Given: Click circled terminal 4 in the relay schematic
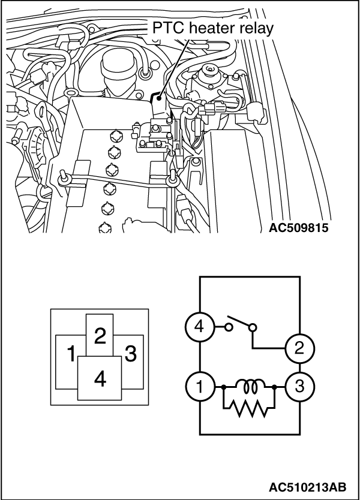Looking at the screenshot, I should (199, 327).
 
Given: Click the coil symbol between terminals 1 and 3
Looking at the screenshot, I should (248, 387).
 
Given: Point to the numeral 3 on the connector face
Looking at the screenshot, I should (131, 354).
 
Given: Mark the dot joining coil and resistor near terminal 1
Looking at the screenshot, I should (223, 387).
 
